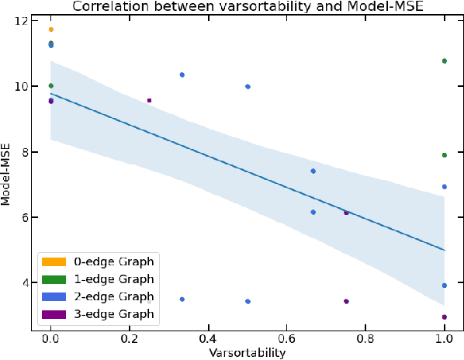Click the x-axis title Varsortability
click(x=247, y=353)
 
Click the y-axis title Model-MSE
click(x=7, y=175)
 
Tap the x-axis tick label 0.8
click(x=365, y=339)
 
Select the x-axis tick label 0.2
click(x=130, y=339)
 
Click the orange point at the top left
click(x=51, y=29)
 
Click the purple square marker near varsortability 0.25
click(x=149, y=100)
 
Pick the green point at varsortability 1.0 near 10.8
click(x=444, y=61)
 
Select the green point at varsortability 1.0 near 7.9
click(x=444, y=155)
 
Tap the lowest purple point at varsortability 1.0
click(x=444, y=317)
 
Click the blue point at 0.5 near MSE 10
click(x=248, y=86)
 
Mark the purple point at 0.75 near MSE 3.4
click(x=346, y=301)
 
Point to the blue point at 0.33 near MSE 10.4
click(x=182, y=74)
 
